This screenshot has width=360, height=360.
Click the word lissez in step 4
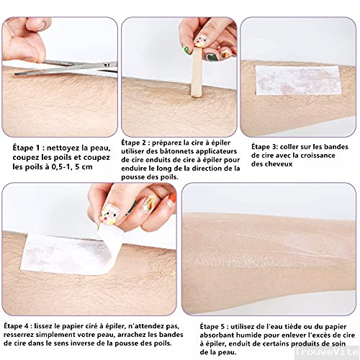click(48, 325)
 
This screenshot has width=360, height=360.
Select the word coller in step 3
click(301, 146)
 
